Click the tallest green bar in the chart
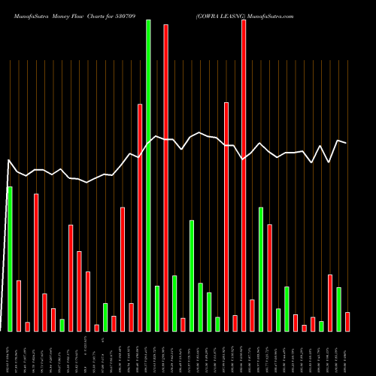[148, 175]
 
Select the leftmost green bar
[10, 259]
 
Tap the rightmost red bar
[347, 321]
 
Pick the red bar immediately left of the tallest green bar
[140, 217]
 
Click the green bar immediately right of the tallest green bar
[157, 308]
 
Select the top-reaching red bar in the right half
[244, 175]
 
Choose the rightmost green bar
[338, 309]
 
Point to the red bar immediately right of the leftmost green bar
[19, 305]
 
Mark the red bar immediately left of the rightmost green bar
[330, 302]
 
